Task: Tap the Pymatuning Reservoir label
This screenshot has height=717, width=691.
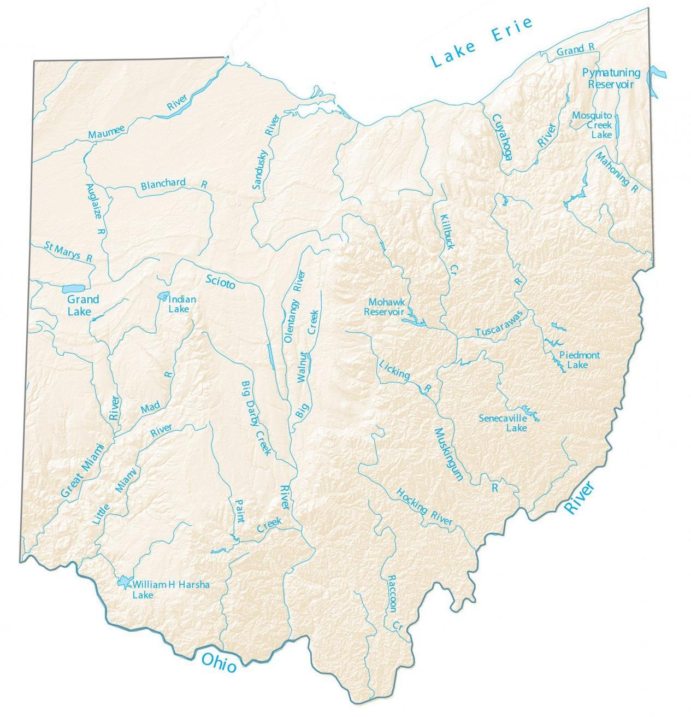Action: point(611,78)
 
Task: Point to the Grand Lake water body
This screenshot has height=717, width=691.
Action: point(71,288)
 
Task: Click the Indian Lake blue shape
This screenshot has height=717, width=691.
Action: point(162,296)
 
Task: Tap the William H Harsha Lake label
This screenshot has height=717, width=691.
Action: point(171,589)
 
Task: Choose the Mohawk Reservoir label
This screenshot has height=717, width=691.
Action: point(385,307)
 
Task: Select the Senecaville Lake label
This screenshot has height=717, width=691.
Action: point(503,423)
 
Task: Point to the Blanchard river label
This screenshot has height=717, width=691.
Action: point(163,185)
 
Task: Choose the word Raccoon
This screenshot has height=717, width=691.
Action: point(392,593)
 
